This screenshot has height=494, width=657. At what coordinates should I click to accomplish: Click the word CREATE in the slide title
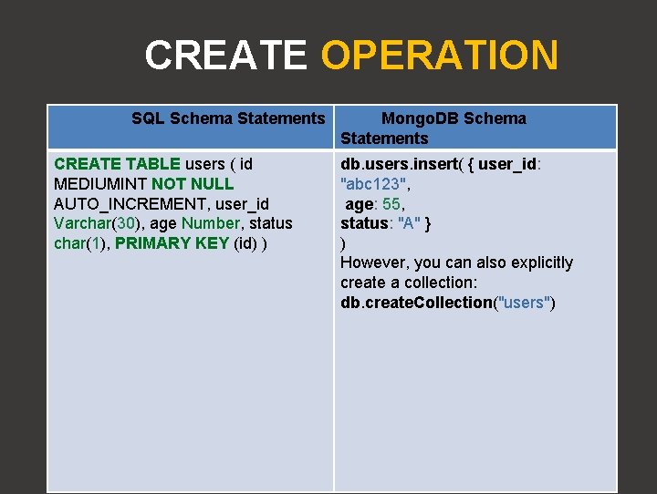pyautogui.click(x=225, y=56)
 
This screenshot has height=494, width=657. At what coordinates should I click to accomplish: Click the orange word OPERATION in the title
pyautogui.click(x=439, y=56)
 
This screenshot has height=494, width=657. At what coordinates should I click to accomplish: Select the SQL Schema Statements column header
pyautogui.click(x=228, y=118)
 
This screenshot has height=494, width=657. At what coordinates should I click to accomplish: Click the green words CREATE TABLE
pyautogui.click(x=118, y=164)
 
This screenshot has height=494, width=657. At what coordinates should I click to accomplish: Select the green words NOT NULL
pyautogui.click(x=193, y=184)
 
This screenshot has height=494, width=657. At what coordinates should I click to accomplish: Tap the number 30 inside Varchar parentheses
pyautogui.click(x=125, y=223)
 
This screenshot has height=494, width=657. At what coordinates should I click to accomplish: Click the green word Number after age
pyautogui.click(x=210, y=223)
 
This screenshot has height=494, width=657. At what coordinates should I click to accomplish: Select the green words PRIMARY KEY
pyautogui.click(x=172, y=243)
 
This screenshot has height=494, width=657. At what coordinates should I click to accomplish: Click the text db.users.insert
pyautogui.click(x=397, y=164)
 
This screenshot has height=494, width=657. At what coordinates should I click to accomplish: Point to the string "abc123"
pyautogui.click(x=372, y=184)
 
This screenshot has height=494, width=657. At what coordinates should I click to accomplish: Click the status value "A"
pyautogui.click(x=407, y=223)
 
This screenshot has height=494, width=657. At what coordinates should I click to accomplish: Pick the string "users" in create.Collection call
pyautogui.click(x=524, y=303)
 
